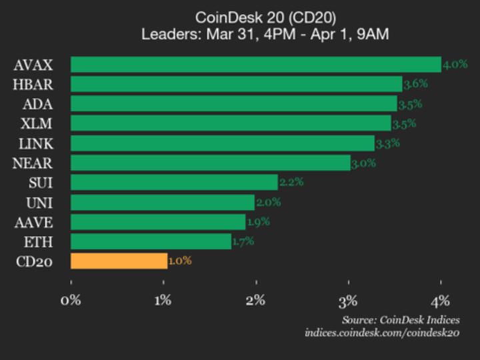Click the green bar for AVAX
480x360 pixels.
click(x=255, y=65)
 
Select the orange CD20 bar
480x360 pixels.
click(x=119, y=261)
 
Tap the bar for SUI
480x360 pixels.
click(x=174, y=182)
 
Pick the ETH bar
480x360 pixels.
click(x=151, y=241)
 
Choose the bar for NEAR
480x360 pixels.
click(x=210, y=163)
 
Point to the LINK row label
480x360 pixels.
click(x=36, y=143)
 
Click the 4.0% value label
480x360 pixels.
click(x=455, y=65)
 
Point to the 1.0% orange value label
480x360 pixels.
click(x=180, y=261)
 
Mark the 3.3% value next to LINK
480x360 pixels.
click(x=387, y=143)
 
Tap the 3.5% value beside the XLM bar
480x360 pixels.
click(x=405, y=123)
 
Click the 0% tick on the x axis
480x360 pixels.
click(x=71, y=300)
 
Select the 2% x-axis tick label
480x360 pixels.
click(x=256, y=300)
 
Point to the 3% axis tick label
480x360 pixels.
click(x=348, y=300)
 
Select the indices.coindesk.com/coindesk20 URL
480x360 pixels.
click(x=382, y=333)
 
